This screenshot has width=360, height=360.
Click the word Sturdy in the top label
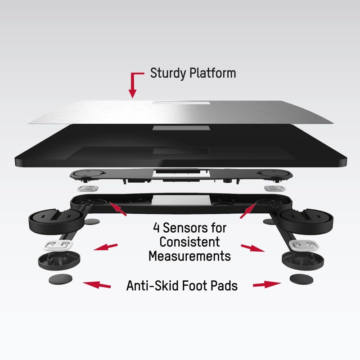[168, 73]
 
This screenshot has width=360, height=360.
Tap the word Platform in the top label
[212, 73]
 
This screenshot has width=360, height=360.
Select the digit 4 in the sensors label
[156, 228]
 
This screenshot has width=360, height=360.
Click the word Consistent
[189, 242]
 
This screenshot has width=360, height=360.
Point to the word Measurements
[189, 256]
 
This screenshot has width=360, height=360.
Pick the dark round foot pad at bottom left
[60, 279]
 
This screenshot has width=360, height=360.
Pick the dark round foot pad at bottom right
[301, 279]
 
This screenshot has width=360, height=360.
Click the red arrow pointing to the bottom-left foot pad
[97, 285]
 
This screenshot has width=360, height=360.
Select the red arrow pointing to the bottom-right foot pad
[267, 284]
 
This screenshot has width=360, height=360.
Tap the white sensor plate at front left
[58, 245]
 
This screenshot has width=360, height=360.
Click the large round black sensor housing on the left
[56, 221]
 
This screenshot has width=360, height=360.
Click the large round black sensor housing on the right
[306, 221]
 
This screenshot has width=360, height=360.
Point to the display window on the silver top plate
[181, 103]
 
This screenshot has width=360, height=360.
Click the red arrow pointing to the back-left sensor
[118, 209]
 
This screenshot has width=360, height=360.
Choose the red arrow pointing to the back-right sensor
[248, 211]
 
